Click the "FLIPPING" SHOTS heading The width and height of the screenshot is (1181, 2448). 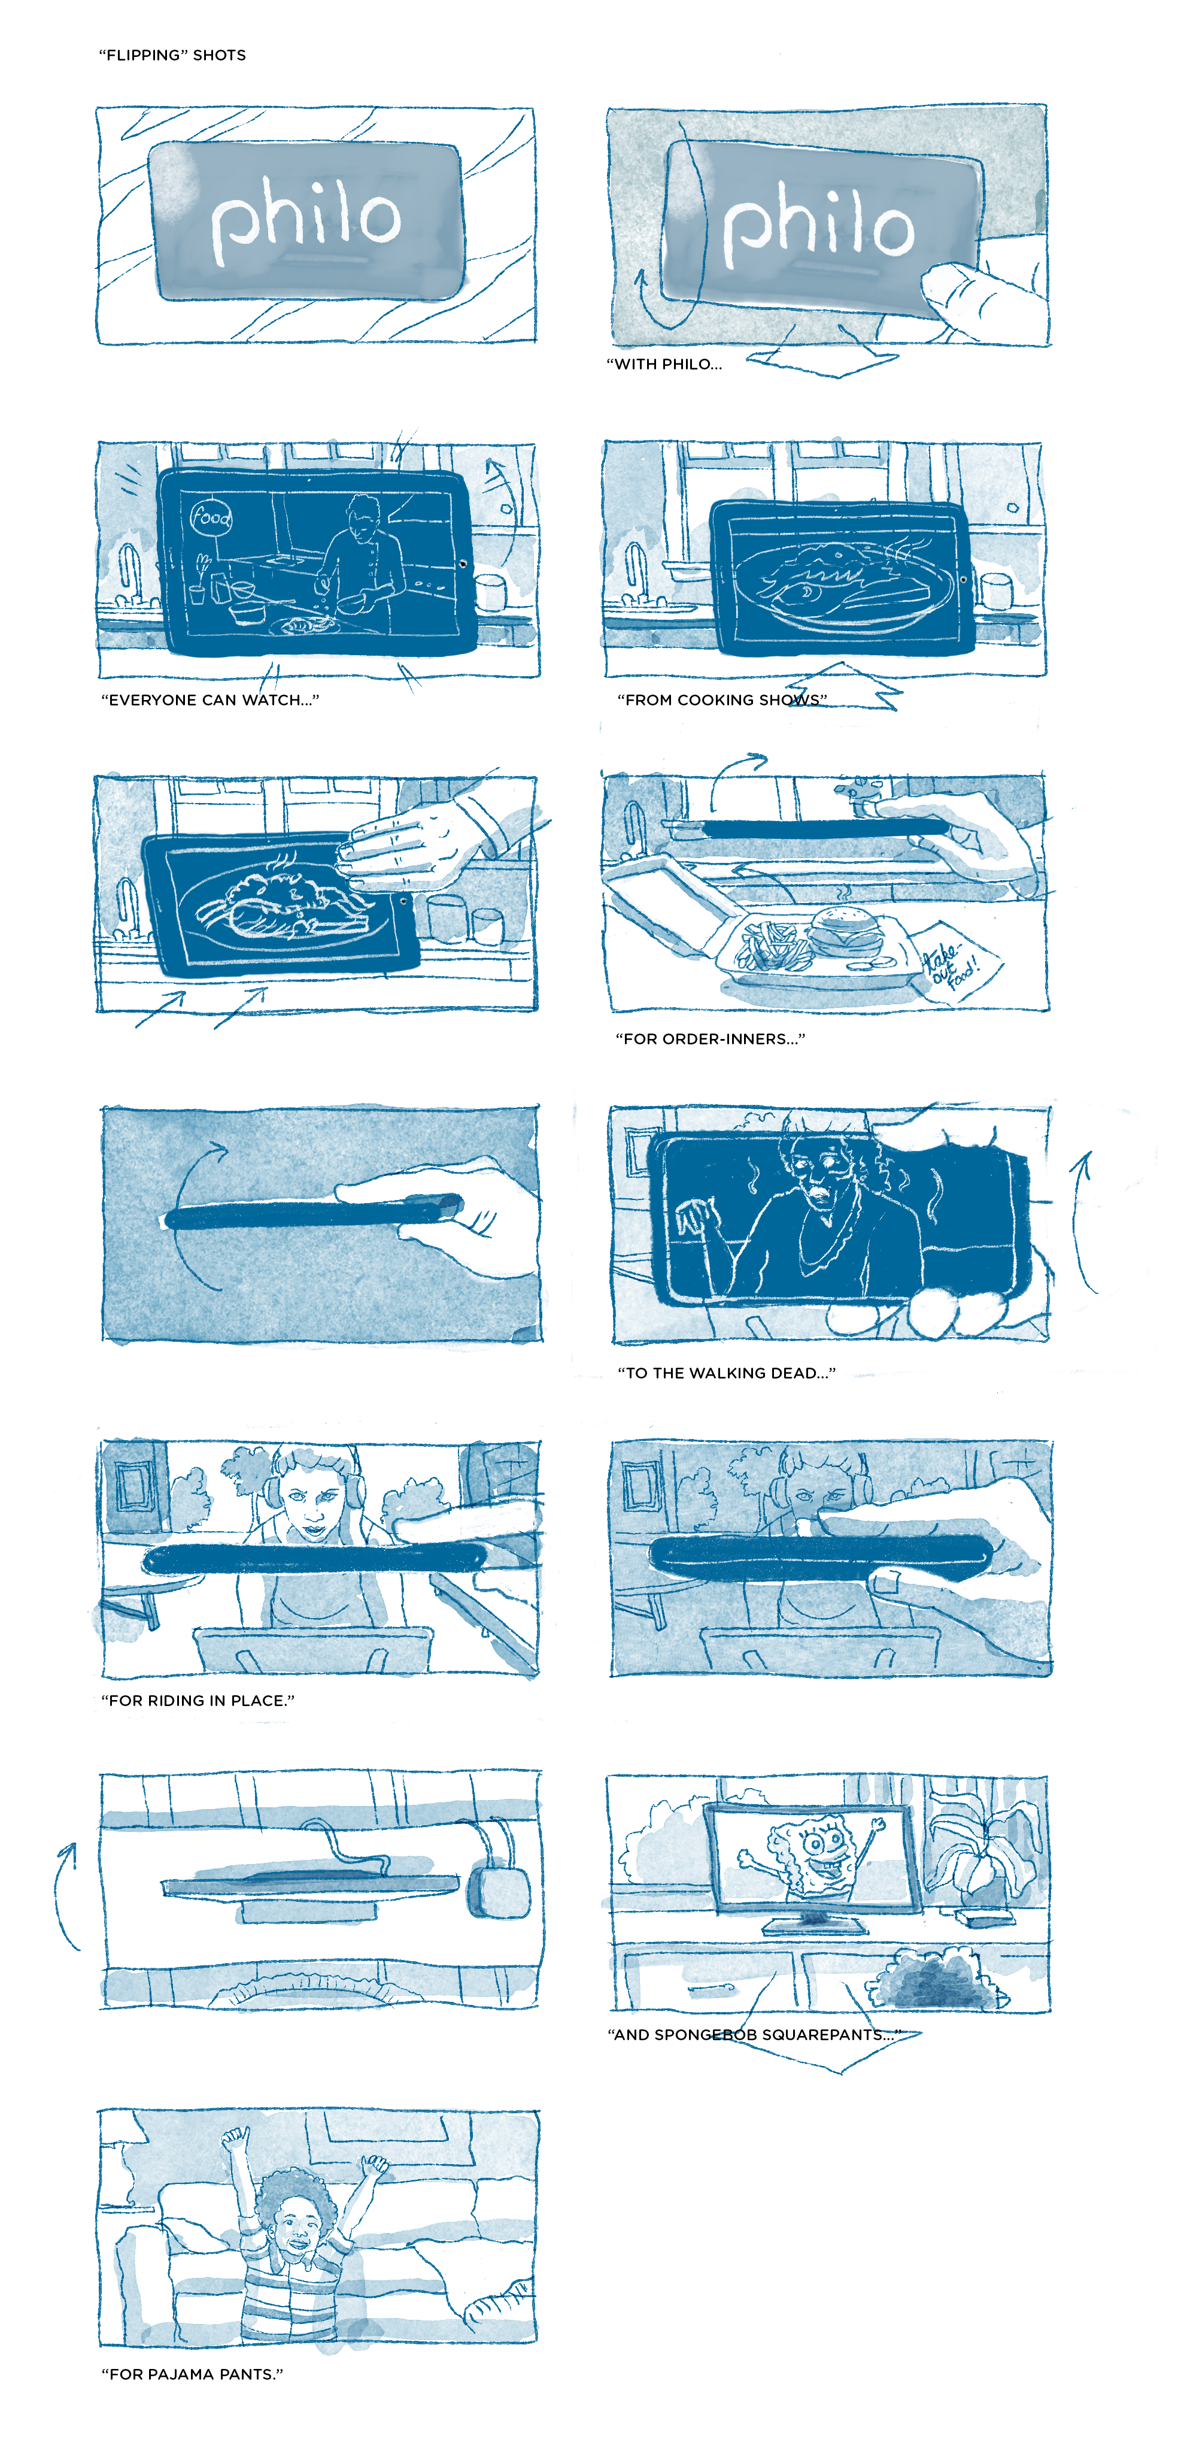(x=172, y=55)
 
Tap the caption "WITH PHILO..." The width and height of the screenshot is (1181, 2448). (x=664, y=364)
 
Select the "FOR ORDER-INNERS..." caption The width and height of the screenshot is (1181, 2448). (x=710, y=1039)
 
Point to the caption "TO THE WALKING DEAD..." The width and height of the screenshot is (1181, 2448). (x=727, y=1373)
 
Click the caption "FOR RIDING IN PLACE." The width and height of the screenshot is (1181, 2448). (x=198, y=1700)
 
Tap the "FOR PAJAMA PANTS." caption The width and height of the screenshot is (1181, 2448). (x=192, y=2374)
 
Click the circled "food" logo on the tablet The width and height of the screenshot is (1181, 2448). (x=211, y=517)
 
